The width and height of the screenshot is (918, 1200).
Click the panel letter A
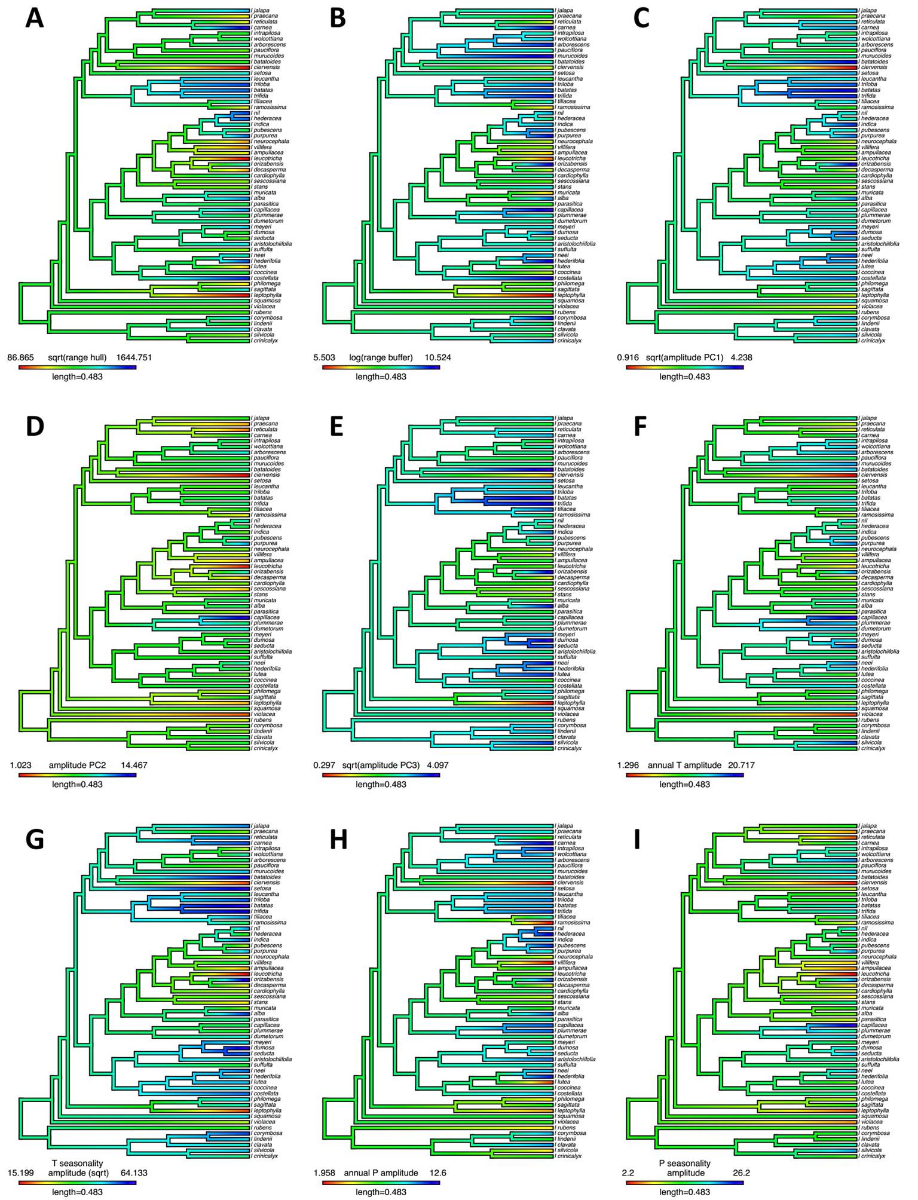pyautogui.click(x=35, y=19)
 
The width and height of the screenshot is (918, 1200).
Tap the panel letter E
pyautogui.click(x=336, y=426)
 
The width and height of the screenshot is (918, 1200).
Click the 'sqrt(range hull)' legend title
pyautogui.click(x=77, y=358)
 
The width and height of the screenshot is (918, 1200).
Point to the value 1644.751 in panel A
pyautogui.click(x=134, y=358)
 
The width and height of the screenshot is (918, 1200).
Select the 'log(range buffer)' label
pyautogui.click(x=381, y=358)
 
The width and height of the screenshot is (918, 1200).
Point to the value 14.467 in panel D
pyautogui.click(x=133, y=765)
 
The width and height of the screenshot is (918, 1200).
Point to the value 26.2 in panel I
pyautogui.click(x=741, y=1173)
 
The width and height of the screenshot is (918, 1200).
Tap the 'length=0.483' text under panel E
pyautogui.click(x=381, y=784)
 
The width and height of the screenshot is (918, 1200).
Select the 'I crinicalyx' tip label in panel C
pyautogui.click(x=872, y=341)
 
